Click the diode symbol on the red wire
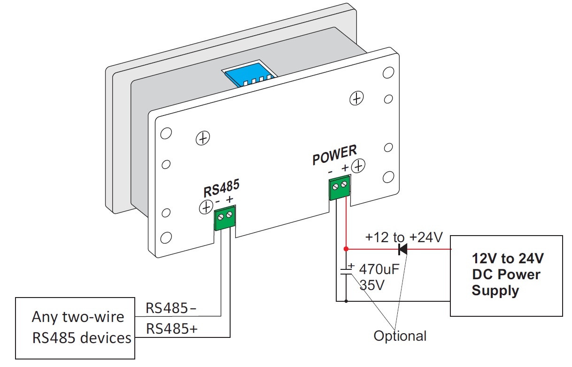402,249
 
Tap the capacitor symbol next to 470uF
346,270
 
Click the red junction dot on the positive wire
346,249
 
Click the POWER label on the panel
334,155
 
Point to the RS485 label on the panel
221,188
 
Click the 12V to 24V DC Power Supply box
506,275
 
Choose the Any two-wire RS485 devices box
75,327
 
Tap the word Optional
400,336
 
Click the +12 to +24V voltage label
404,237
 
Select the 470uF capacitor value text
379,270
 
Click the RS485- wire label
171,308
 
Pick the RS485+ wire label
172,329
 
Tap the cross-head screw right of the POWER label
359,166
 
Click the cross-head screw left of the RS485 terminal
206,206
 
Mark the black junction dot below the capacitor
346,301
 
